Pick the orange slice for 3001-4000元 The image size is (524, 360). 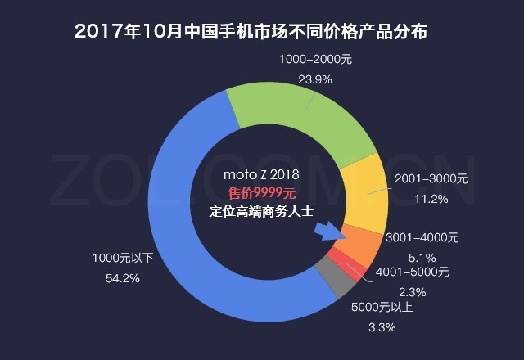(360, 242)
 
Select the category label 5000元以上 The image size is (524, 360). (382, 308)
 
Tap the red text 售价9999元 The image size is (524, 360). (261, 192)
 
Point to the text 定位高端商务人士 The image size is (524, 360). (261, 211)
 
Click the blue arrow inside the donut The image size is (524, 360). (326, 235)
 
